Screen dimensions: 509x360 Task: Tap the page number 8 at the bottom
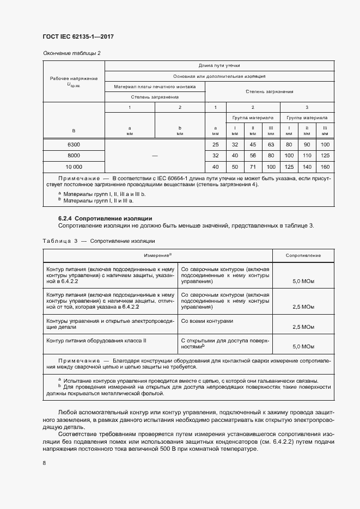(x=44, y=463)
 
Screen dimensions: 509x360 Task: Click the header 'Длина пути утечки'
(x=219, y=65)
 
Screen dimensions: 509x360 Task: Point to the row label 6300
(x=74, y=144)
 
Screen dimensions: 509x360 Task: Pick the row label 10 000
(x=74, y=167)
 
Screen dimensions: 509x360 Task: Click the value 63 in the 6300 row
(x=271, y=144)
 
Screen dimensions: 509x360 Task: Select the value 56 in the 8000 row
(x=253, y=156)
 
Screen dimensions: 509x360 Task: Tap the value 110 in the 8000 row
(x=307, y=156)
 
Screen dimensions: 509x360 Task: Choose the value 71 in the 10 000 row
(x=253, y=167)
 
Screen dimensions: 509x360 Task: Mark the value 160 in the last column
(x=325, y=167)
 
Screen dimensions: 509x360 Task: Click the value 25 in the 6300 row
(x=216, y=144)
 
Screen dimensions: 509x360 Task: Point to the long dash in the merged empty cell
(x=155, y=156)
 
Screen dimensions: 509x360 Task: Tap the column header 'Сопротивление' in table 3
(x=303, y=255)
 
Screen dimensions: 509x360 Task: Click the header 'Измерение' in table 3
(x=157, y=255)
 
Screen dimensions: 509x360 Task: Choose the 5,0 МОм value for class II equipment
(x=303, y=346)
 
